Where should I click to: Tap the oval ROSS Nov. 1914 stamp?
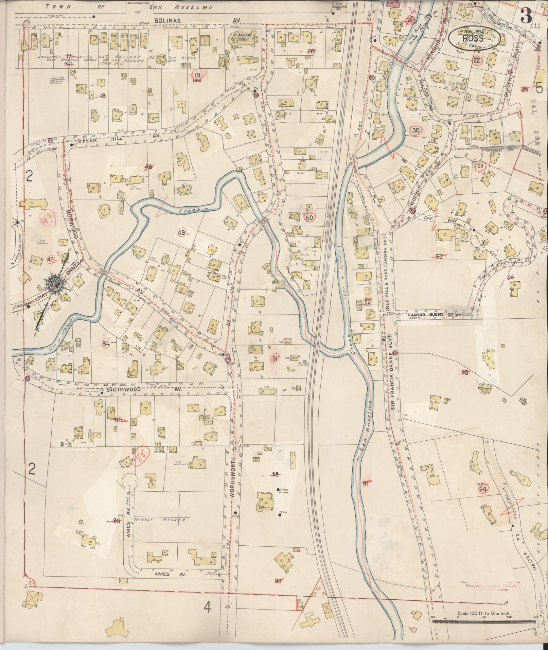[x=474, y=38]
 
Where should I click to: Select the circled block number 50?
[x=309, y=218]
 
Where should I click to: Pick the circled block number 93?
[x=464, y=372]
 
